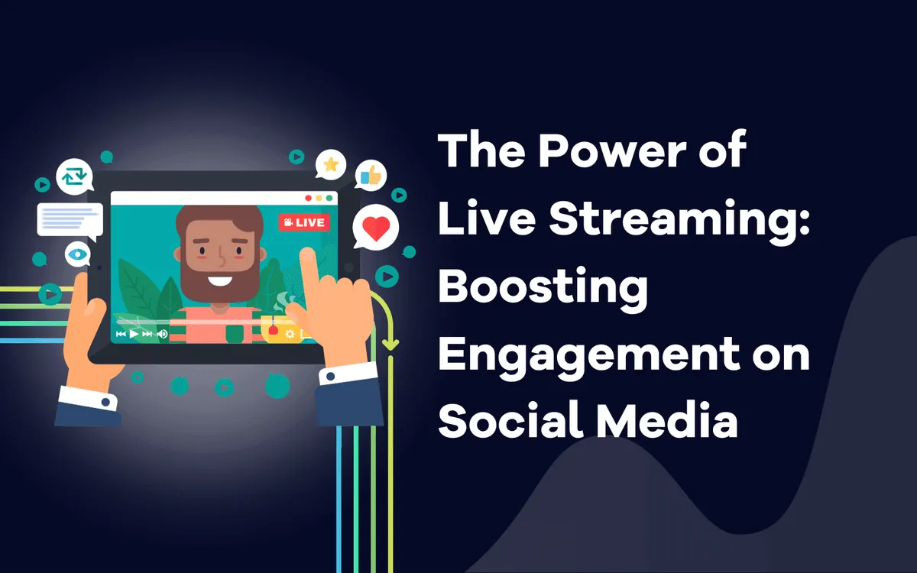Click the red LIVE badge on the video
(304, 222)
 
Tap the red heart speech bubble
(375, 227)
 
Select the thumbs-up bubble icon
(371, 175)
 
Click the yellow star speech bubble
(330, 164)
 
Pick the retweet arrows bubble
(75, 176)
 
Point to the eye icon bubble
(77, 254)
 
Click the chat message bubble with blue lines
(70, 221)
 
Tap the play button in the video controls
(134, 334)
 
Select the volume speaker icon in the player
(163, 334)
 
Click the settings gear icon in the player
(290, 334)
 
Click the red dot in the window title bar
(308, 198)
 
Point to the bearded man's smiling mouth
(220, 281)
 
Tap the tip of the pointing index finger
(306, 251)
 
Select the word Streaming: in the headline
(679, 221)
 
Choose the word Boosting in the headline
(543, 289)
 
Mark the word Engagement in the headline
(589, 357)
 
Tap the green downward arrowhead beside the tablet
(390, 345)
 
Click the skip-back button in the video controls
(121, 334)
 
